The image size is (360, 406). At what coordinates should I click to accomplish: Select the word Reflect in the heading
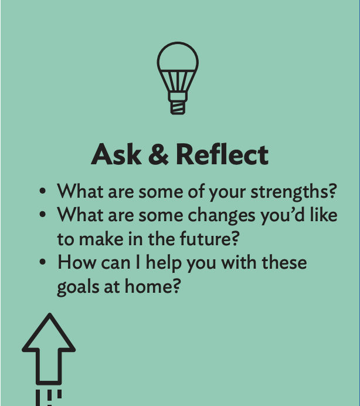pos(222,155)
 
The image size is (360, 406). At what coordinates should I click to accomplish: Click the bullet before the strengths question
pos(43,192)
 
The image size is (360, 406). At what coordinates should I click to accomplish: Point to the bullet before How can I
pos(43,263)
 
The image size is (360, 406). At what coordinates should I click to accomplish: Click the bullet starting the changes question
pos(43,216)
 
